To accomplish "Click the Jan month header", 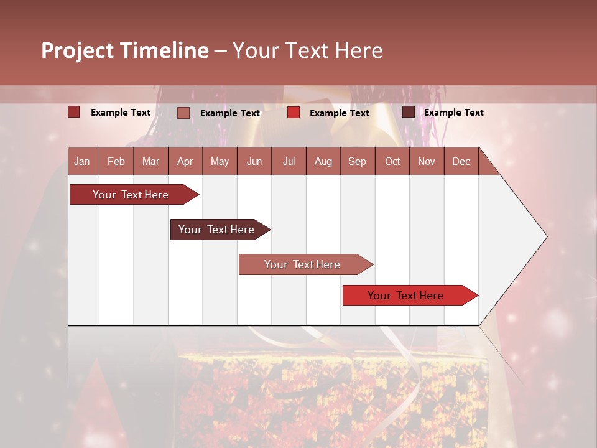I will click(83, 161).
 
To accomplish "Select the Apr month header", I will click(185, 161).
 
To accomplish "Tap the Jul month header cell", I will click(289, 161).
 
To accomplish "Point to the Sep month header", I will click(358, 161).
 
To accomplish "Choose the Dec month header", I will click(461, 161).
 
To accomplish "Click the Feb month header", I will click(116, 161).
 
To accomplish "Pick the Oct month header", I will click(392, 161).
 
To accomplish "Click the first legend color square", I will click(74, 112).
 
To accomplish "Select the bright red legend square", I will click(294, 113).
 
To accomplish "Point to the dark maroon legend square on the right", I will click(409, 112).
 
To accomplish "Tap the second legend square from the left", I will click(183, 113).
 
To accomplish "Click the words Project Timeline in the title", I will click(124, 50).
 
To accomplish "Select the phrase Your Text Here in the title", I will click(307, 50).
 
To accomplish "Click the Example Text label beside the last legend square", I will click(454, 113).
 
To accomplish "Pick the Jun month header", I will click(254, 161).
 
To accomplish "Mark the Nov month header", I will click(427, 161).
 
